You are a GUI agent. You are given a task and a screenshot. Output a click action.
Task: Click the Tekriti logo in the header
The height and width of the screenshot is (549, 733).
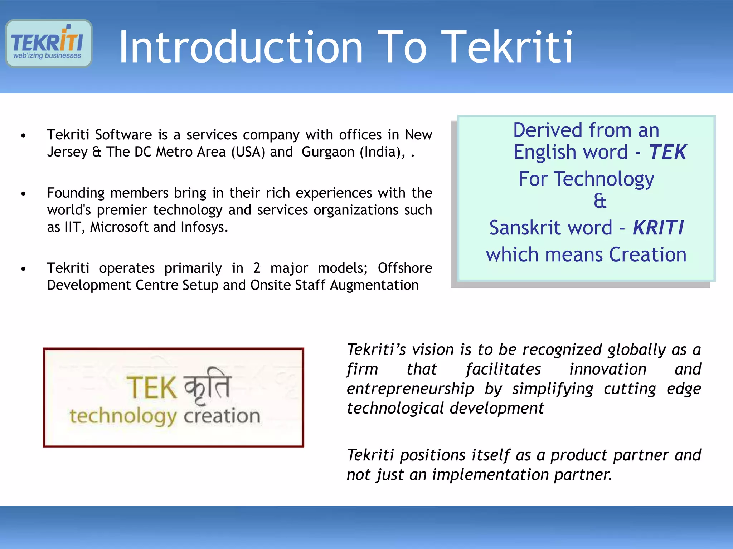coord(49,44)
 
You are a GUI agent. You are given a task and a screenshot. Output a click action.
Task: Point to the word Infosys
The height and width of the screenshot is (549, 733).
coord(204,227)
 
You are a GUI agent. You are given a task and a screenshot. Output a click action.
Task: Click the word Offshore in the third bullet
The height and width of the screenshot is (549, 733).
coord(405,268)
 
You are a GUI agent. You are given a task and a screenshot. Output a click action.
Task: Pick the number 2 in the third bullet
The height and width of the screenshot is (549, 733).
coord(257,268)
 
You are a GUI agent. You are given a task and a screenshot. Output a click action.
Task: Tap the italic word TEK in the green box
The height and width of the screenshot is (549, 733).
coord(668,152)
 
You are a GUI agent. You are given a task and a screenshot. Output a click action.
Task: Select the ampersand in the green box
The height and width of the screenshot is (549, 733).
coord(600,201)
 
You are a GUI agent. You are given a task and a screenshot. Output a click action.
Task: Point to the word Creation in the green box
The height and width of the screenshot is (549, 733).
coord(647,255)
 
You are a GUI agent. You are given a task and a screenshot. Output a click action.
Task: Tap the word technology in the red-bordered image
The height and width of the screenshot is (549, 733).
coord(123,416)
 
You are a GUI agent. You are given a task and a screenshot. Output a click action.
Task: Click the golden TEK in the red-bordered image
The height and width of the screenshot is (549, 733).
coord(152,388)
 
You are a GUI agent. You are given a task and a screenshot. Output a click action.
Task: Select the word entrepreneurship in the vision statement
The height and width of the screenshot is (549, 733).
coord(410,389)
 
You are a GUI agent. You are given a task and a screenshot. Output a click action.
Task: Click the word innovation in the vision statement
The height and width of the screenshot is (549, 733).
coord(608,369)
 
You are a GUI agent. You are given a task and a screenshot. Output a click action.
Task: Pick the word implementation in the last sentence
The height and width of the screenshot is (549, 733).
coord(490,475)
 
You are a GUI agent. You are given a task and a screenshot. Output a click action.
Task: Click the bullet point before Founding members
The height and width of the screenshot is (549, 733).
coord(24,194)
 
